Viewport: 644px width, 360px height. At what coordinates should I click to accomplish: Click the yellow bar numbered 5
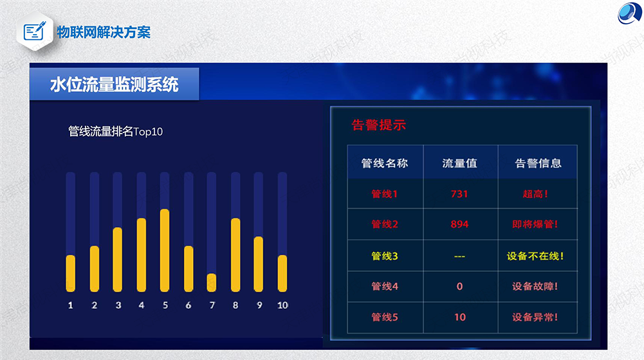[x=165, y=251]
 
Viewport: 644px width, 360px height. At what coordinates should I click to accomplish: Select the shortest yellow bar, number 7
[x=212, y=283]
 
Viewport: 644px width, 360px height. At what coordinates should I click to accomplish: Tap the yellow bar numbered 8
[x=235, y=255]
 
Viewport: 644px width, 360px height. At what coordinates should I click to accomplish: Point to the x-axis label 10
[x=282, y=305]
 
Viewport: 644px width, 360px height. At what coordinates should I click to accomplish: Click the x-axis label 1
[x=71, y=305]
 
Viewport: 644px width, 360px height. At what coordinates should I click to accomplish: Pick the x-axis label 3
[x=118, y=305]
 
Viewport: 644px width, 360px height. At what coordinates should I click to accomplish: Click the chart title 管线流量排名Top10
[x=115, y=131]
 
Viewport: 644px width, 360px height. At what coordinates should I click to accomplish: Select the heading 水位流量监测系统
[x=114, y=85]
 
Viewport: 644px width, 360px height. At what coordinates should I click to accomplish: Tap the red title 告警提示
[x=379, y=125]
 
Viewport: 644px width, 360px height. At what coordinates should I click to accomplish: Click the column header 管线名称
[x=385, y=163]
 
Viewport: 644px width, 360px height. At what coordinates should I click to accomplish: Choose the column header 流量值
[x=459, y=163]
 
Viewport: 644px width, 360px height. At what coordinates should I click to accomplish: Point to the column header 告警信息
[x=538, y=163]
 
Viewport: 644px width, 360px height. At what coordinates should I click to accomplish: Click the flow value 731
[x=459, y=194]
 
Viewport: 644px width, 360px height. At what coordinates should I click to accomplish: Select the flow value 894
[x=459, y=224]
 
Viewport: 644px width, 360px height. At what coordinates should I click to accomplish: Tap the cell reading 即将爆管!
[x=535, y=224]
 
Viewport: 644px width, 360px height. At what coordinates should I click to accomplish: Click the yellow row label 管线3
[x=385, y=256]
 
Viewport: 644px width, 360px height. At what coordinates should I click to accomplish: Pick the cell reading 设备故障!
[x=535, y=286]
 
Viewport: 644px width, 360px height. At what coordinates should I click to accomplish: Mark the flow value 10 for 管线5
[x=460, y=317]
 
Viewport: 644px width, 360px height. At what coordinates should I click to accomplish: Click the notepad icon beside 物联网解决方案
[x=35, y=31]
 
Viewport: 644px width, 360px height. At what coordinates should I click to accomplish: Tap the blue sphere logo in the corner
[x=630, y=13]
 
